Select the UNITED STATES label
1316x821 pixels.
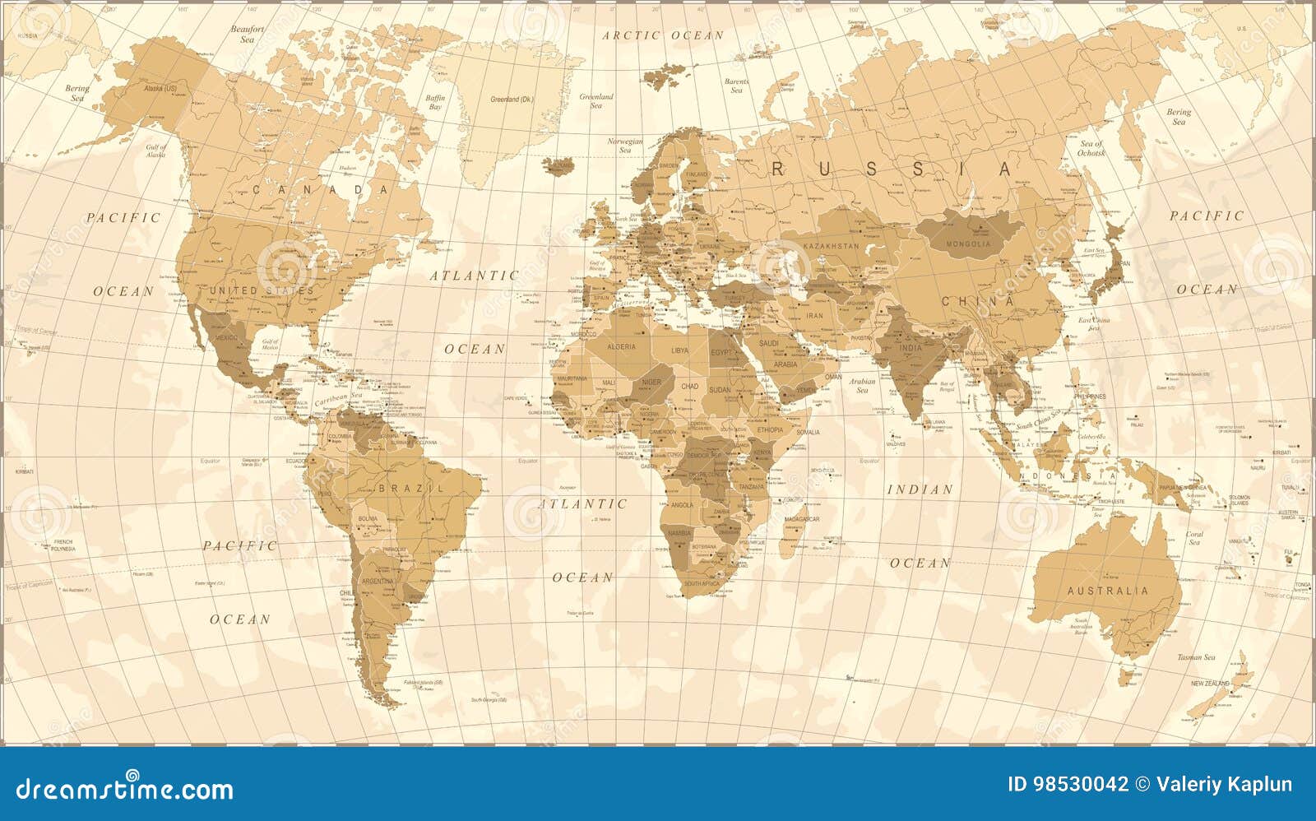[262, 290]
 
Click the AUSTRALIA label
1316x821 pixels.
[1107, 591]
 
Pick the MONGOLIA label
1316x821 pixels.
[969, 244]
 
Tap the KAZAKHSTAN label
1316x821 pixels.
[831, 246]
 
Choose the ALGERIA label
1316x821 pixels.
[621, 346]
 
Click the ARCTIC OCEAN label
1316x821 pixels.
[663, 35]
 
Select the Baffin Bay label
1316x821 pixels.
[435, 102]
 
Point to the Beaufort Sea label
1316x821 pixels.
[248, 33]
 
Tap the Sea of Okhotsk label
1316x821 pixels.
[1091, 148]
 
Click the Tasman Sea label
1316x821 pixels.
[1195, 657]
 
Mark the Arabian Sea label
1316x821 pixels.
[862, 385]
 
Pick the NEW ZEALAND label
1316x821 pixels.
[1209, 684]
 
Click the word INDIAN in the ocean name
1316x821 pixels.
[920, 489]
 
